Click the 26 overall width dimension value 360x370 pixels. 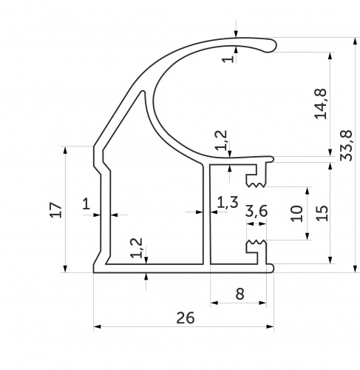click(186, 317)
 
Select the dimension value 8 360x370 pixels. click(240, 294)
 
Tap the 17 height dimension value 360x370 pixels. click(55, 209)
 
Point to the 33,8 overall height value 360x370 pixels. click(346, 146)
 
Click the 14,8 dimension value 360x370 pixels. click(321, 104)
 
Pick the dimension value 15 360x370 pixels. click(322, 213)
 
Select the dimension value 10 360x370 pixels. click(296, 214)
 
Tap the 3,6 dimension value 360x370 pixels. click(257, 212)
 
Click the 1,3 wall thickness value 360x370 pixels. click(228, 202)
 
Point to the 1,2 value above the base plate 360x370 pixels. click(137, 248)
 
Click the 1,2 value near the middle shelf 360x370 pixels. click(221, 140)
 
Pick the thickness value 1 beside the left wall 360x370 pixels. click(86, 204)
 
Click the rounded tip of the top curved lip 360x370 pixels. click(273, 45)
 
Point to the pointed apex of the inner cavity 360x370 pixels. click(143, 92)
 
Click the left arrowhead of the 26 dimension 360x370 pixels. click(97, 326)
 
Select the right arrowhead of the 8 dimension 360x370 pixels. click(263, 303)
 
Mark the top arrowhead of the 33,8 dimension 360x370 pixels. click(355, 41)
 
